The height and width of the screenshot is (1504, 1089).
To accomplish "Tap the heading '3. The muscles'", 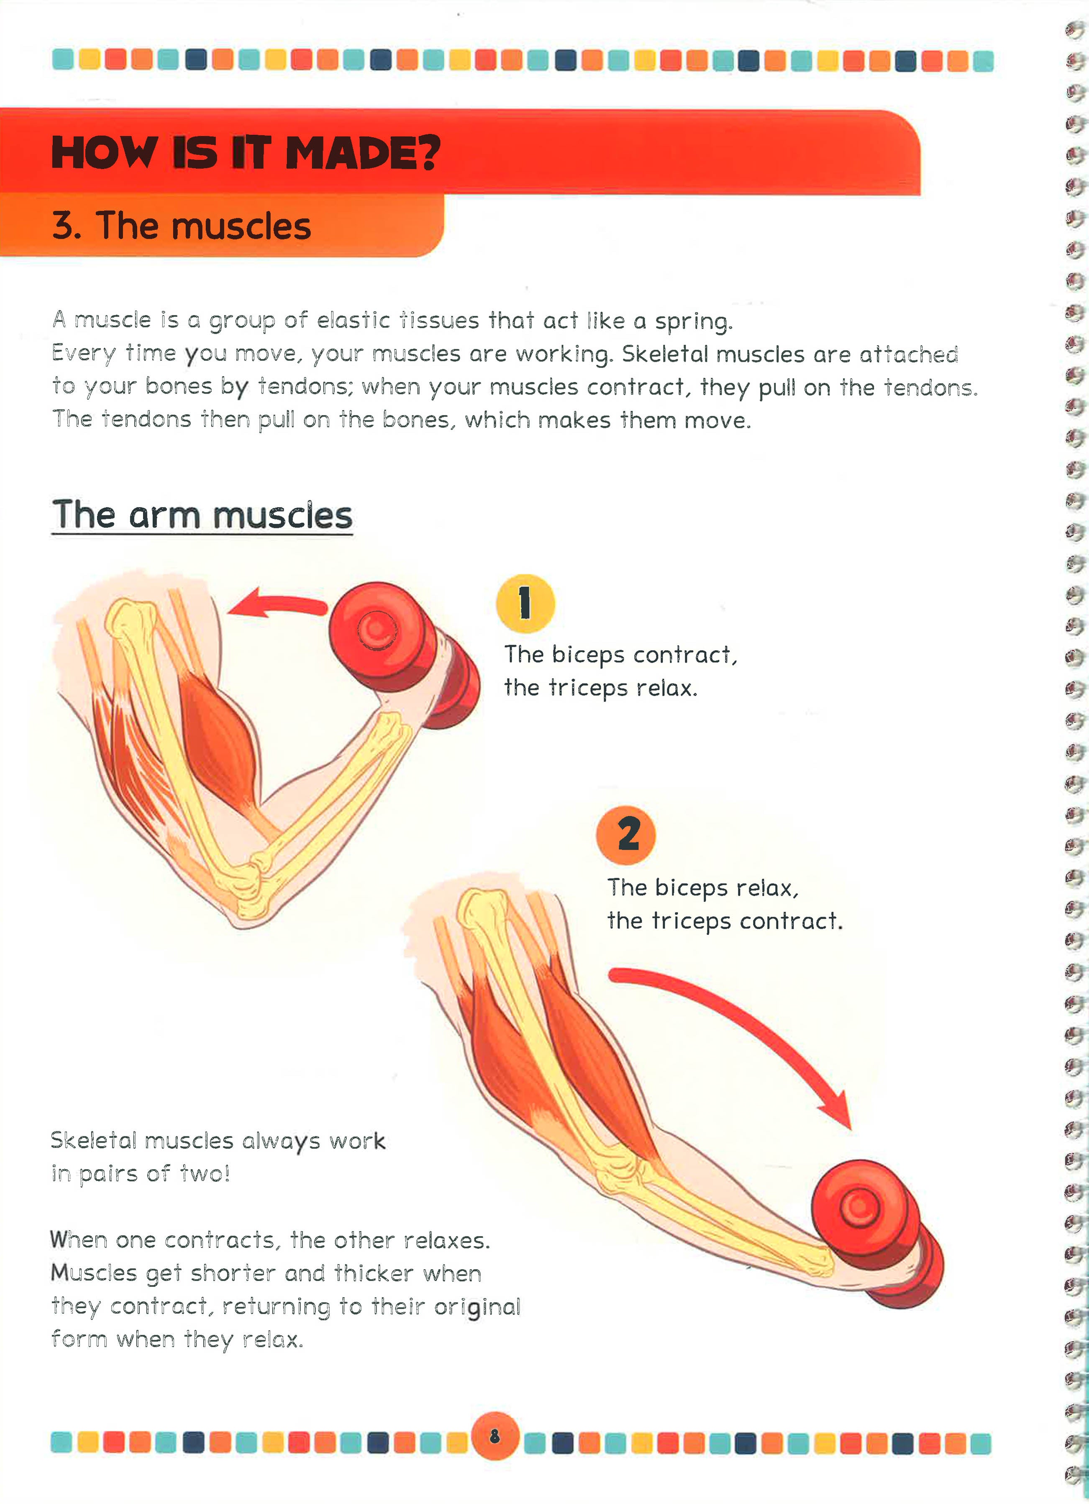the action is click(x=181, y=226).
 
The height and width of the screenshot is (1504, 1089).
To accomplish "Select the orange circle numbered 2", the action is click(x=626, y=835).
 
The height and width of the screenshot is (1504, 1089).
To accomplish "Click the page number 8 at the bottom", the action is click(x=495, y=1436).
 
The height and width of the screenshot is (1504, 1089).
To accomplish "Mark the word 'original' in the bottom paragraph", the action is click(x=477, y=1307).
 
